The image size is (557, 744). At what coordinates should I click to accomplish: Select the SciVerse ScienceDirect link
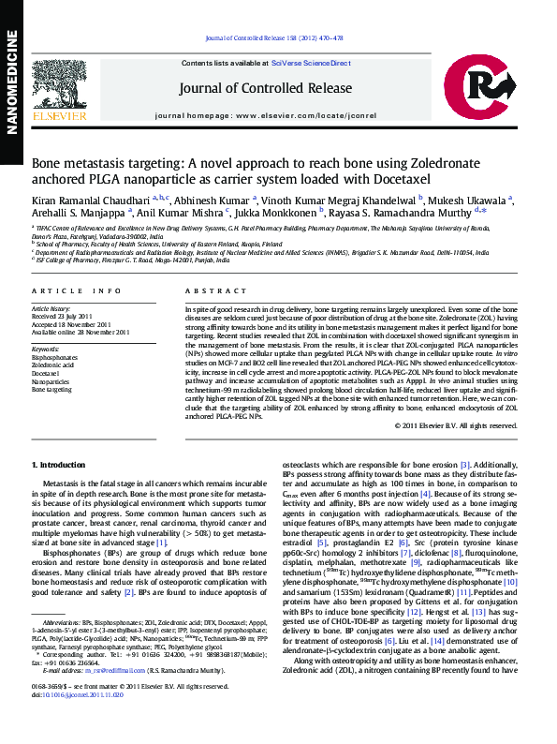coord(311,63)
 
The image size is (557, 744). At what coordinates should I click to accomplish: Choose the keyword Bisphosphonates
coord(55,357)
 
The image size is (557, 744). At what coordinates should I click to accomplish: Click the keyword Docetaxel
coord(47,372)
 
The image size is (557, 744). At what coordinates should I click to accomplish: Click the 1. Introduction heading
coord(58,465)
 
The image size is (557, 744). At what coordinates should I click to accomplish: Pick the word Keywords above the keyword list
coord(45,349)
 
